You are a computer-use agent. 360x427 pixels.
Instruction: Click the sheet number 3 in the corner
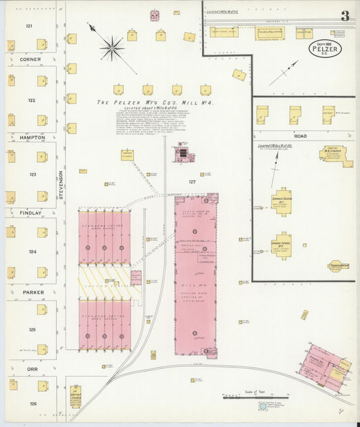click(x=345, y=16)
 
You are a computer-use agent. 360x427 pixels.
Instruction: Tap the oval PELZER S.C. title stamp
click(x=325, y=48)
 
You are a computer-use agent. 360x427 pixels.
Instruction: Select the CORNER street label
click(x=30, y=59)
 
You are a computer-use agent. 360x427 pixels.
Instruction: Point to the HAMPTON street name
click(x=32, y=137)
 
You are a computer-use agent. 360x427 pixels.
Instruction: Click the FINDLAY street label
click(x=30, y=213)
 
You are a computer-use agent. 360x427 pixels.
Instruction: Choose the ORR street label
click(x=31, y=369)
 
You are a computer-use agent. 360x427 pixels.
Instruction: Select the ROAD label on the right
click(x=300, y=136)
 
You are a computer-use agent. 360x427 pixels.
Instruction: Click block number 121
click(x=29, y=26)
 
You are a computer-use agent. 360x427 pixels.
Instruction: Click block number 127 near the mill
click(x=192, y=182)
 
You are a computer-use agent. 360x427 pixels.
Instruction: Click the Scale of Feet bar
click(x=255, y=397)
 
